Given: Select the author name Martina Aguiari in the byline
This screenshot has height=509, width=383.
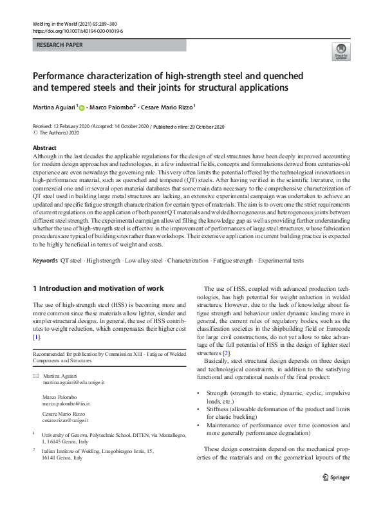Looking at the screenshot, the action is (55, 106).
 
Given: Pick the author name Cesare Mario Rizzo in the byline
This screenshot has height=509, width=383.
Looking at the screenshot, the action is (165, 106).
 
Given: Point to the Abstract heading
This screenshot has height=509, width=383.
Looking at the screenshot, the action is (44, 148).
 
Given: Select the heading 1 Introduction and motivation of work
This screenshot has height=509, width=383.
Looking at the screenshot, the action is (98, 288).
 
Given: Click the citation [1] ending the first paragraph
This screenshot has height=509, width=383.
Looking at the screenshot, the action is (37, 337).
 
